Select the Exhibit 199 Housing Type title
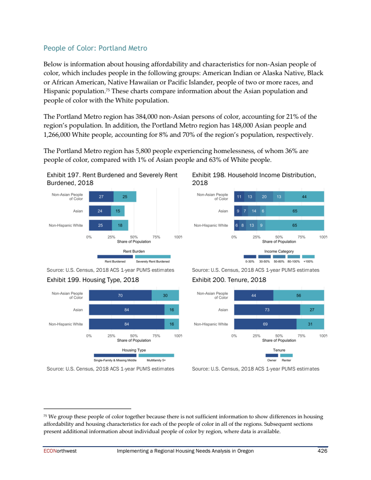point(93,280)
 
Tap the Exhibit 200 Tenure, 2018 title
point(229,280)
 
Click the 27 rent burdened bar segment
point(101,197)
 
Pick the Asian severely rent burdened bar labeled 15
point(117,211)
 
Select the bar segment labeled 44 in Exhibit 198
point(304,197)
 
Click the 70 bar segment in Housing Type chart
point(120,295)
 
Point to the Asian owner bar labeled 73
point(267,310)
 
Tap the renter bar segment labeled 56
point(299,295)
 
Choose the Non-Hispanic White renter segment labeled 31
point(310,324)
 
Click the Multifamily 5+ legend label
point(156,360)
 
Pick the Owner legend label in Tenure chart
point(272,360)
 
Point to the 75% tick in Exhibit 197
point(156,237)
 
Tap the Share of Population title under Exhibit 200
point(279,340)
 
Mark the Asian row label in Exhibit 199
point(78,310)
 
